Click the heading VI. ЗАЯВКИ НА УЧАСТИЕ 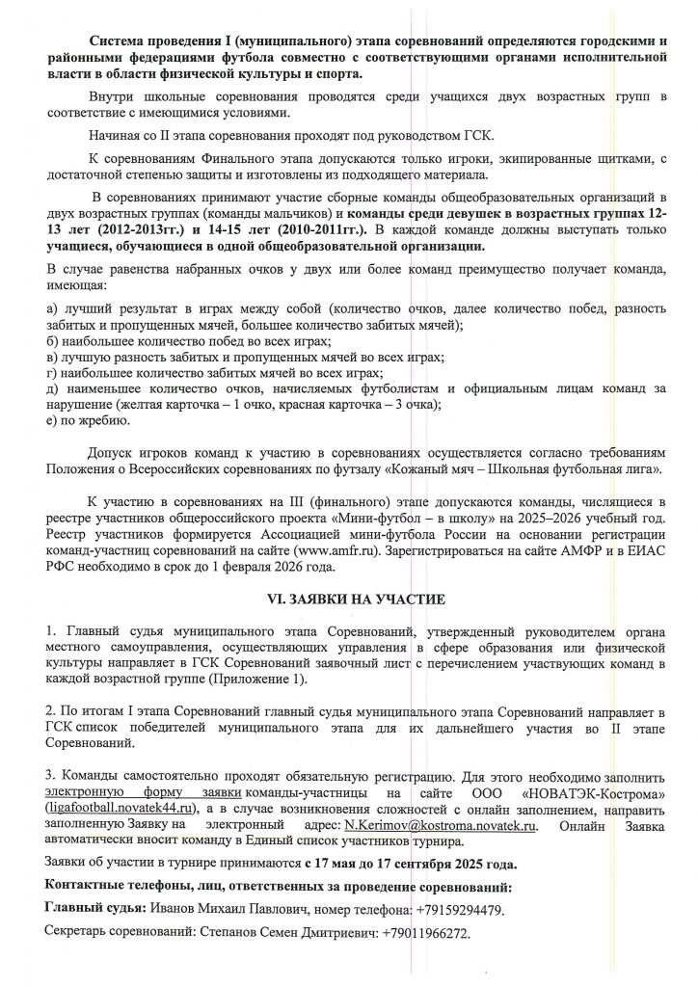click(x=348, y=600)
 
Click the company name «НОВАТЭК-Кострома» click(x=583, y=791)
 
